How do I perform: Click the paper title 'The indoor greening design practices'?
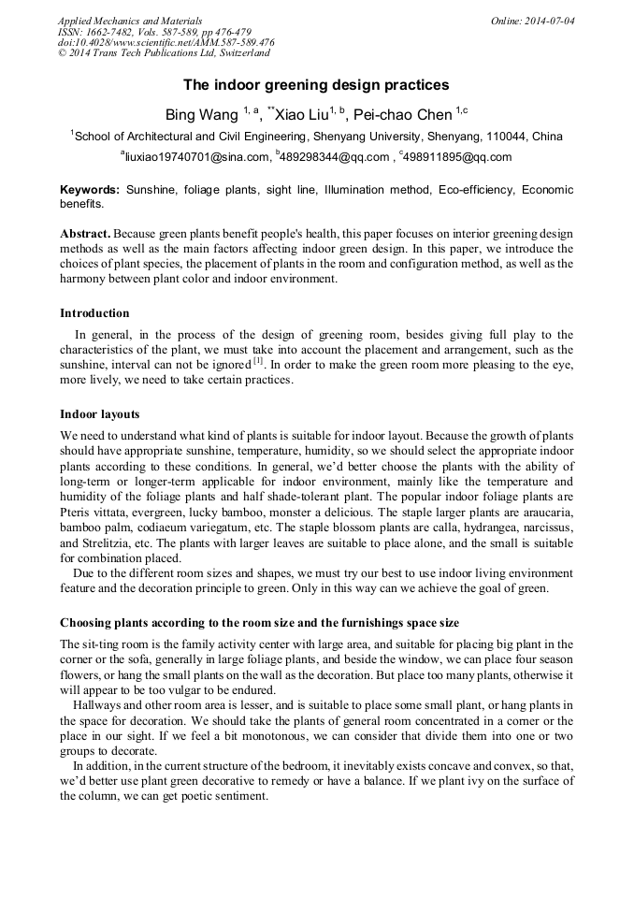[x=316, y=85]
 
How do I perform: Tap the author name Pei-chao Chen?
[x=403, y=114]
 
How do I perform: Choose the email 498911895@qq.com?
[x=458, y=157]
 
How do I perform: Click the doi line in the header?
[x=166, y=43]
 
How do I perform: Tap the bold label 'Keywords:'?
[x=90, y=190]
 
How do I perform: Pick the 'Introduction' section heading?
[x=94, y=313]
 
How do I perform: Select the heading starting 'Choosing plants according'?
[x=259, y=623]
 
